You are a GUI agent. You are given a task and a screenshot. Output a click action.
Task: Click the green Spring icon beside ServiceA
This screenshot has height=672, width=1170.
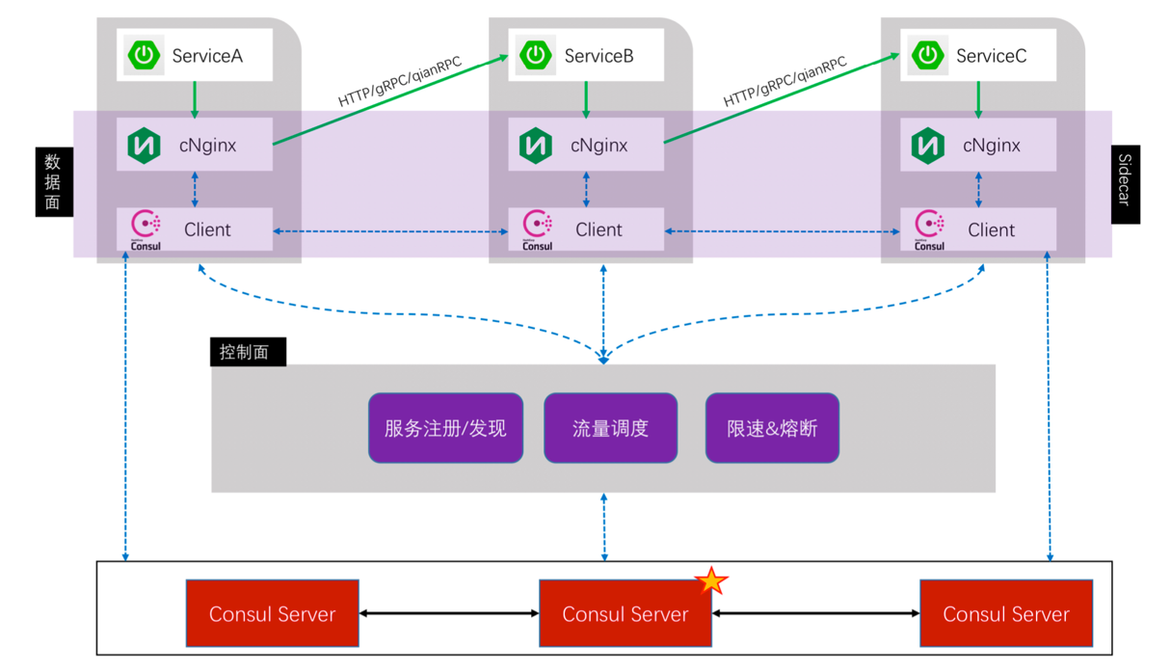coord(145,56)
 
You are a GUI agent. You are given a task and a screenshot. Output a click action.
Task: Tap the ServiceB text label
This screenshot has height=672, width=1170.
coord(598,56)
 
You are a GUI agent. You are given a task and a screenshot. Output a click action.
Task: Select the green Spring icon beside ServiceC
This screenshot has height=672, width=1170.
coord(928,56)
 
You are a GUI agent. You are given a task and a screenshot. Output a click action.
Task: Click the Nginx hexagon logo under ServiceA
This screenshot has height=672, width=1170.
coord(144,146)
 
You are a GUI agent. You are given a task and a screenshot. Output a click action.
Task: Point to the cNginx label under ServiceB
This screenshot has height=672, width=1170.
coord(598,146)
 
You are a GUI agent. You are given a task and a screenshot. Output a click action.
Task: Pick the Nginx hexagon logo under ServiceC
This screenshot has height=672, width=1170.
coord(928,146)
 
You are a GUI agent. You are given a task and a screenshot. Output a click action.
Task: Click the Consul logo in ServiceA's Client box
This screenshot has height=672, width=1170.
coord(145,229)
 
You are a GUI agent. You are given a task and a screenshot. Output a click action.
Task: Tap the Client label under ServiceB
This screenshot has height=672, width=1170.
coord(598,229)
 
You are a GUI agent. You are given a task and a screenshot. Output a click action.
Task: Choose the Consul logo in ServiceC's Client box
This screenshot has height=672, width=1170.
coord(929,229)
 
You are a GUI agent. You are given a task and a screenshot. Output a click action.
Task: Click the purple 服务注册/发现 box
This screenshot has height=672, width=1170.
coord(445,428)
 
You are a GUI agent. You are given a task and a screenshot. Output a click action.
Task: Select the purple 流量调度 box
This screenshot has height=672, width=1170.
coord(610,428)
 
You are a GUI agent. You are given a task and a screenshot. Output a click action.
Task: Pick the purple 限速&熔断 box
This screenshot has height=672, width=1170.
coord(772,428)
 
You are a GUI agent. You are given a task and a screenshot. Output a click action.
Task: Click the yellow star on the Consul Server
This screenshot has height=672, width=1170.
coord(711,580)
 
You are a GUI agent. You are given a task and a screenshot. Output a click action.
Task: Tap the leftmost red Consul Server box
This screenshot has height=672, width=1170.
coord(272,613)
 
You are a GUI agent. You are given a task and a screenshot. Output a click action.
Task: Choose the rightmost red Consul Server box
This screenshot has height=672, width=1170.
coord(1006,613)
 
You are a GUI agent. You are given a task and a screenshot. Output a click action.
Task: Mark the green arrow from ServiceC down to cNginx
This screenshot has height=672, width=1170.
coord(979,98)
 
